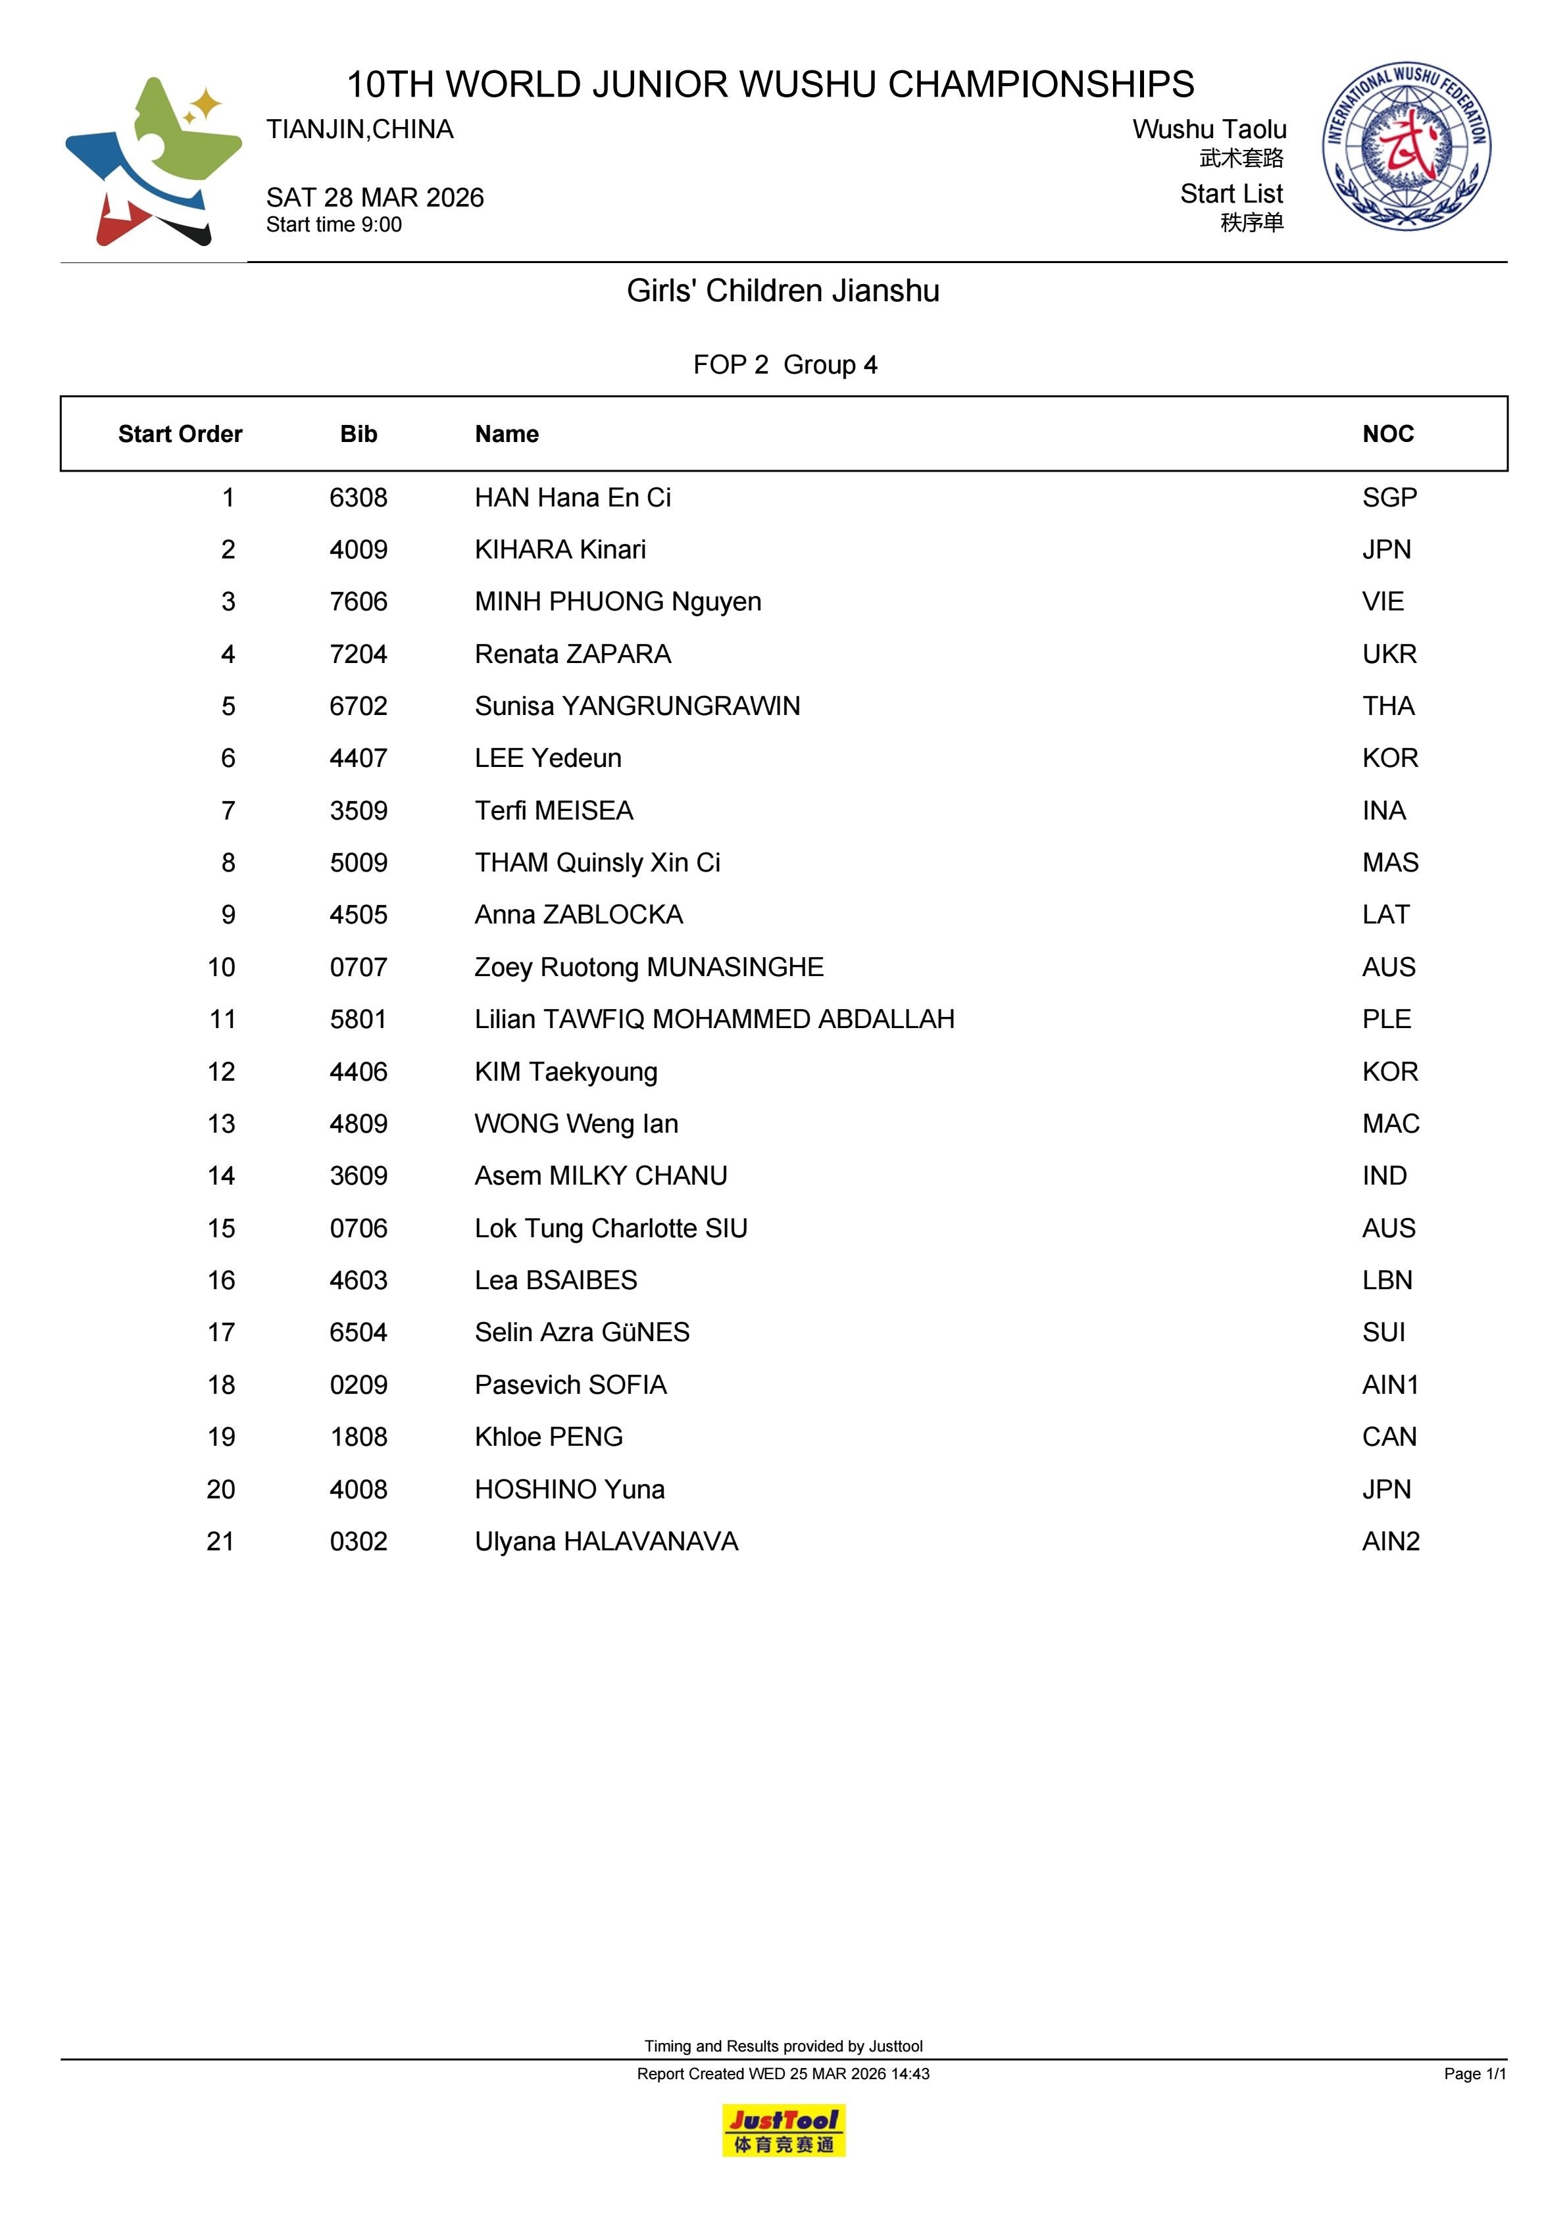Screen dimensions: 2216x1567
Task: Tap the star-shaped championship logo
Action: [x=153, y=161]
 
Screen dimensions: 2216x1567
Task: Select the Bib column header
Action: [x=358, y=434]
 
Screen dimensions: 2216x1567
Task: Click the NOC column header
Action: [x=1387, y=434]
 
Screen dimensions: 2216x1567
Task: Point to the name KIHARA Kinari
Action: [x=560, y=550]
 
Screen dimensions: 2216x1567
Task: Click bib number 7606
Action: [x=358, y=603]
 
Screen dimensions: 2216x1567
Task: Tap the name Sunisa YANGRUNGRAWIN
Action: [x=637, y=706]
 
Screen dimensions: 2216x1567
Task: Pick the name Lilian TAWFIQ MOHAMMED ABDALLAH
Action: [x=714, y=1020]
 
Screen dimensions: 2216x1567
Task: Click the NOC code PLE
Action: [x=1387, y=1020]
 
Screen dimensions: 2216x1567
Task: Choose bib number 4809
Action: [x=358, y=1123]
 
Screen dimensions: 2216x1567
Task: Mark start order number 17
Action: [x=221, y=1333]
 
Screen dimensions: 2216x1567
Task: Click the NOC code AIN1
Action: [x=1390, y=1385]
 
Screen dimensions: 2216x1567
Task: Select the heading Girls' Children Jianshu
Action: [x=783, y=291]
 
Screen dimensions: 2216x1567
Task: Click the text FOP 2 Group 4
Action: [x=785, y=365]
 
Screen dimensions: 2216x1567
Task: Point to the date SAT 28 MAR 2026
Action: [x=374, y=198]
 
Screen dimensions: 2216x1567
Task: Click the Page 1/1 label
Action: [x=1474, y=2073]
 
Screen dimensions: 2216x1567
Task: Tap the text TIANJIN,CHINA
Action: [x=360, y=130]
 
